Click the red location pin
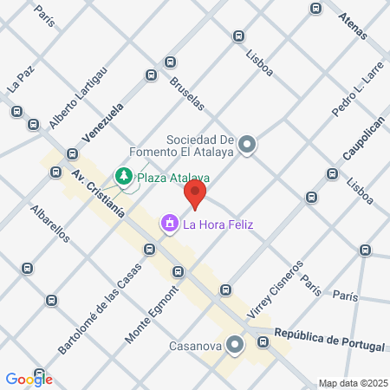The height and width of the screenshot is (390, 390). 196,196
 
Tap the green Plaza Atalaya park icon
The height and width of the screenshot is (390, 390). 124,179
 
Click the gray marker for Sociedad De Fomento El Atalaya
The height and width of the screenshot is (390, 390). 248,145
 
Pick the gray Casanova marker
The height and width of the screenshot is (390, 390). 235,345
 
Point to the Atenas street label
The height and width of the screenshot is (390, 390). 354,25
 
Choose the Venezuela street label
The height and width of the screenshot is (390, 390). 103,122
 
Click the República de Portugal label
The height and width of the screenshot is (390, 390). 328,340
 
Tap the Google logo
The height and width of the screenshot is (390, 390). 29,379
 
